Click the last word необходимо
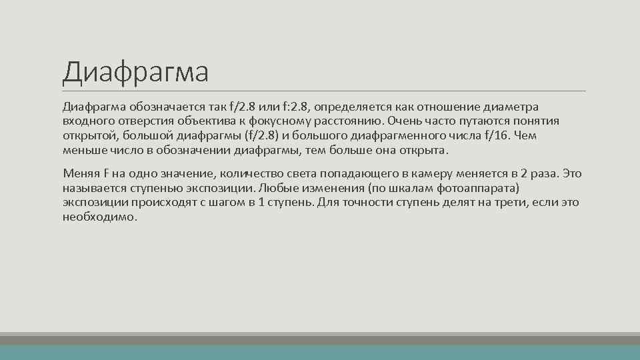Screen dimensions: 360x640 tap(99, 217)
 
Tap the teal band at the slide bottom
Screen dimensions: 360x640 tap(320, 352)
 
